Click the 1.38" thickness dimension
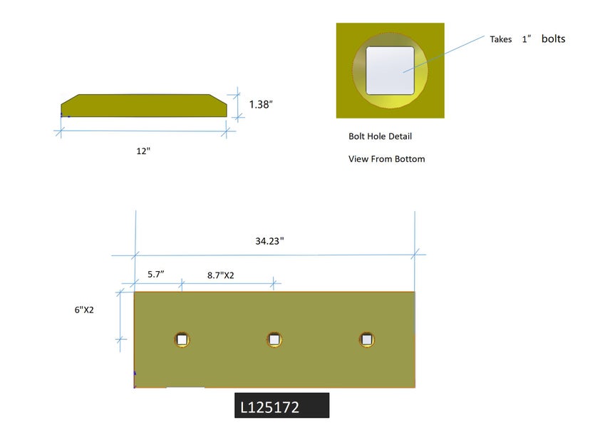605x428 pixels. click(x=261, y=104)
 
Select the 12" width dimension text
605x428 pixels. click(x=143, y=151)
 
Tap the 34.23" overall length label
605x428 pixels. click(x=269, y=241)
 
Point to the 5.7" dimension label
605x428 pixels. click(x=156, y=274)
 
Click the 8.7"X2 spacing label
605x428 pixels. click(x=221, y=275)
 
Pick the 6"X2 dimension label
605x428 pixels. click(x=84, y=310)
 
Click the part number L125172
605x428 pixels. click(x=269, y=407)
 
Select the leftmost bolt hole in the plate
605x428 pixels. click(x=182, y=340)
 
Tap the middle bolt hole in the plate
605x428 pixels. click(x=274, y=340)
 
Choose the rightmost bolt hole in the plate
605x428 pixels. click(x=366, y=340)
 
